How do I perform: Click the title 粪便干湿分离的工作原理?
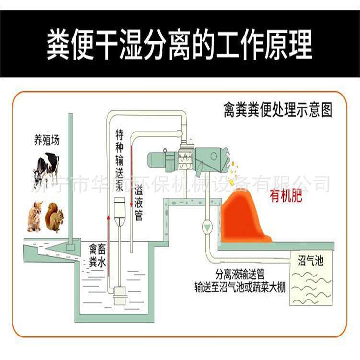[180, 45]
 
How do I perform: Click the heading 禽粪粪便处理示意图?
[278, 110]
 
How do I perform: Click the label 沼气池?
[311, 262]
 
